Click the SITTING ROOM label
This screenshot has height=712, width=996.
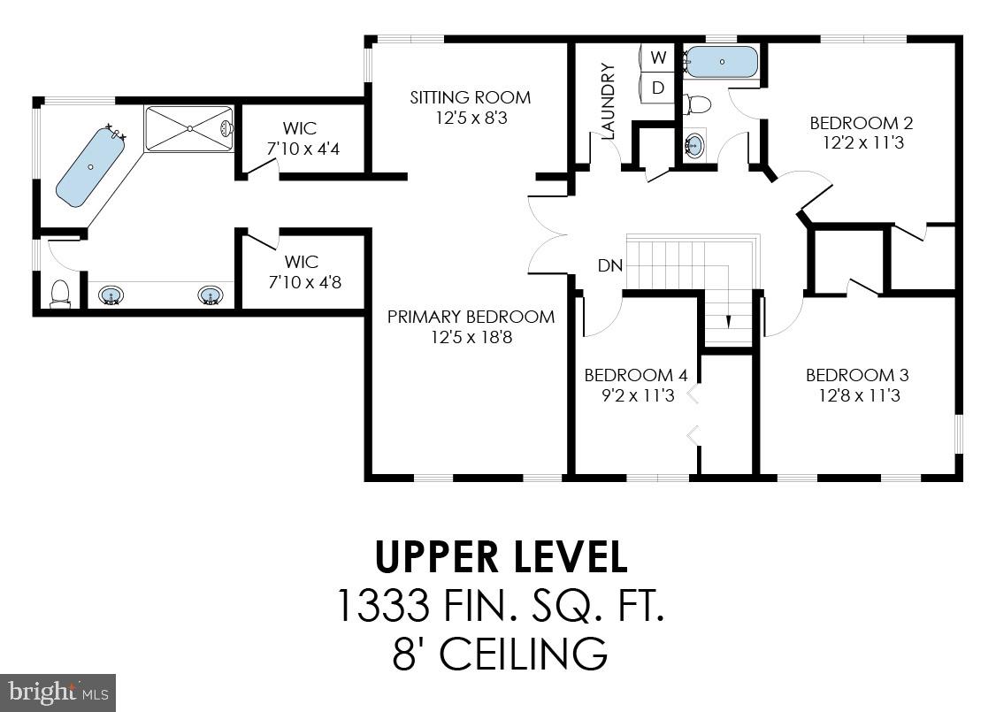[470, 97]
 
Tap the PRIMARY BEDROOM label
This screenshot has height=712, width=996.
[471, 317]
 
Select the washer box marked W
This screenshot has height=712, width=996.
[657, 57]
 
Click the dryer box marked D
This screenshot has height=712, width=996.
[657, 88]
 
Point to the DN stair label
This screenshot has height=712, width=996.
[609, 265]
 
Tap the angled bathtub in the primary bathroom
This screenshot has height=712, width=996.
[90, 167]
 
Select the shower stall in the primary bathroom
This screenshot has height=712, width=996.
[188, 129]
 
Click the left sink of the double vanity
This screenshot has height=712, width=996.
[111, 295]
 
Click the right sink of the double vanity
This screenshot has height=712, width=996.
[210, 295]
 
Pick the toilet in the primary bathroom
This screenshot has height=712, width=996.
[60, 292]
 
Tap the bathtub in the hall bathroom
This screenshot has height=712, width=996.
[722, 62]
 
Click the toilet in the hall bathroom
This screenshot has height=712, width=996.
[698, 105]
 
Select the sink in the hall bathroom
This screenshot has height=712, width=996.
[695, 144]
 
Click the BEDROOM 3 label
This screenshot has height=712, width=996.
[856, 375]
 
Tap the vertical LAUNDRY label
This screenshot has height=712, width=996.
[607, 101]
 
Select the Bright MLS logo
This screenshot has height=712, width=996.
[57, 692]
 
